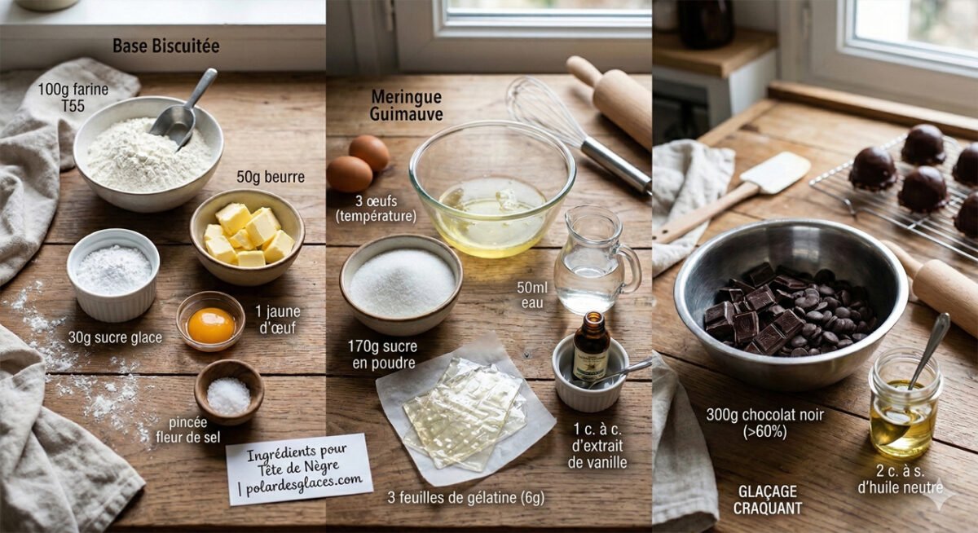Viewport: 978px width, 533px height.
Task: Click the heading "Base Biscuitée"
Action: pyautogui.click(x=165, y=46)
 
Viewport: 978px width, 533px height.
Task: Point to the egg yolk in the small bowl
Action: pyautogui.click(x=210, y=324)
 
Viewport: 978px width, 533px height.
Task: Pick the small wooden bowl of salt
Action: pyautogui.click(x=229, y=392)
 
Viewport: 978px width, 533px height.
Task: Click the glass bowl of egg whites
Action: pyautogui.click(x=491, y=187)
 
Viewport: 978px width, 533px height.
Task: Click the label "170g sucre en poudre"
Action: pyautogui.click(x=383, y=354)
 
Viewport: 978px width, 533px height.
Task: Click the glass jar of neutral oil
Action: pyautogui.click(x=903, y=403)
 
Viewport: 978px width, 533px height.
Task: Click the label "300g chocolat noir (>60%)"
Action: pyautogui.click(x=764, y=423)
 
